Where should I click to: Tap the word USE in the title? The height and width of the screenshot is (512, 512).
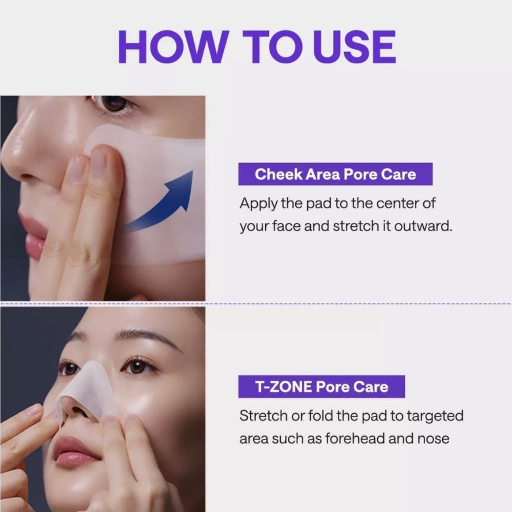(x=354, y=46)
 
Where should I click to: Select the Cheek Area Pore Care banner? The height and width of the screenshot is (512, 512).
(x=335, y=174)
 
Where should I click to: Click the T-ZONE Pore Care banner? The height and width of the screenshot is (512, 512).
(x=322, y=387)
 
